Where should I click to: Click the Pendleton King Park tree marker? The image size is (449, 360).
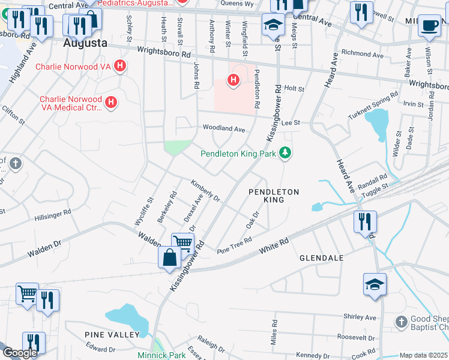(286, 154)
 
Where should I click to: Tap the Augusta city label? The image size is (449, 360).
(85, 44)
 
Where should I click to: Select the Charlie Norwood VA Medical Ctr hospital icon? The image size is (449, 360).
(110, 103)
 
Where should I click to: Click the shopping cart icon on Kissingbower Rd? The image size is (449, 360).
(182, 243)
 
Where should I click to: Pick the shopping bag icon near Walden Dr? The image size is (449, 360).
(169, 258)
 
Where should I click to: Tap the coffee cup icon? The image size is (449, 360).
(429, 25)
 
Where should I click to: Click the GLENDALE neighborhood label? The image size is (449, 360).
(321, 258)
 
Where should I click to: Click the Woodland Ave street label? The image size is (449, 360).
(224, 129)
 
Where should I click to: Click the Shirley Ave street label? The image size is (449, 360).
(360, 317)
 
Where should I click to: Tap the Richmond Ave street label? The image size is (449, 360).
(361, 55)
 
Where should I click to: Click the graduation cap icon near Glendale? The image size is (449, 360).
(375, 284)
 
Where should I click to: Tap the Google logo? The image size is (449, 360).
(20, 353)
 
